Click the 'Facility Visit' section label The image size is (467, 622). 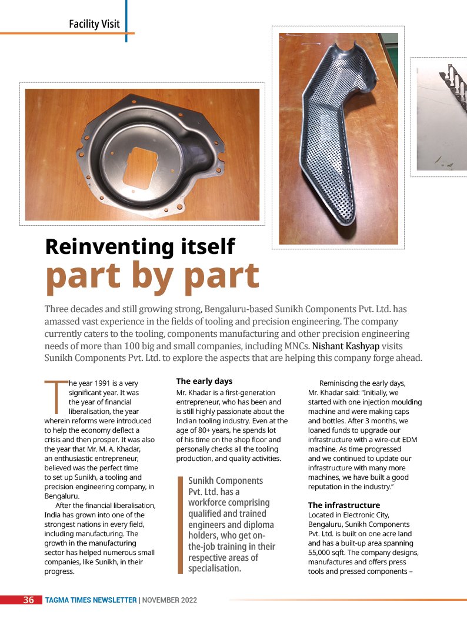94,24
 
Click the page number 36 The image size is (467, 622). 29,600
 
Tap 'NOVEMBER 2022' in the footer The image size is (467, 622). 169,600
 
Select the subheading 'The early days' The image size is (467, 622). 204,382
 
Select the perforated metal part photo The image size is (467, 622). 338,138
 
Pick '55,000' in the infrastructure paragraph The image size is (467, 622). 322,553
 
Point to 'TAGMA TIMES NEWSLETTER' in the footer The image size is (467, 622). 91,600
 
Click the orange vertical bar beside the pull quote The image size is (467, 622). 181,524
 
